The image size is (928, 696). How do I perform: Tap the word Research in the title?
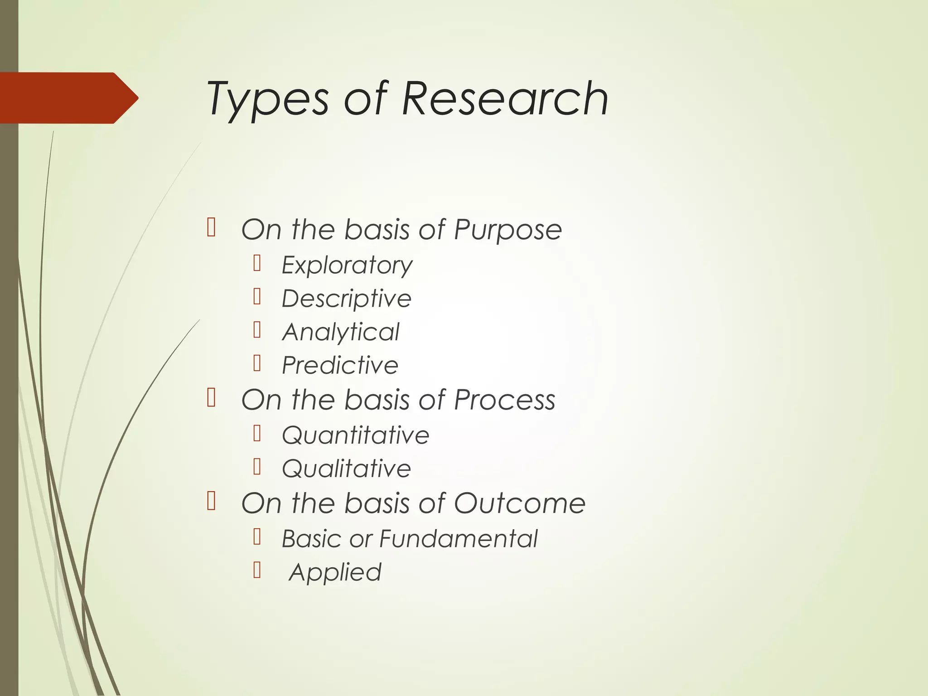click(505, 98)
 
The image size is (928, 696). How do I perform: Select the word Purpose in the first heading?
click(507, 230)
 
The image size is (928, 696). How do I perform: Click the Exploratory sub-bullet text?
click(347, 265)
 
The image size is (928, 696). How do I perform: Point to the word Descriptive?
click(347, 299)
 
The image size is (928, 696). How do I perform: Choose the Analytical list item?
click(341, 332)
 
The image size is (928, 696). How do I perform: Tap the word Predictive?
click(340, 365)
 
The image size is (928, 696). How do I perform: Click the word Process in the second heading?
click(504, 400)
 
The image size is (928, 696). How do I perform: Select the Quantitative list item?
click(356, 435)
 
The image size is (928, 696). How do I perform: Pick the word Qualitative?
click(347, 469)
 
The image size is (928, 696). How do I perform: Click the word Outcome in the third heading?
click(520, 503)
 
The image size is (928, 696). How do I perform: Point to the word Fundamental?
click(458, 539)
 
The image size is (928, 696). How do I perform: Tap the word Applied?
click(335, 572)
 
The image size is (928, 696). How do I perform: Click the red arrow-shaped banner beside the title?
click(68, 98)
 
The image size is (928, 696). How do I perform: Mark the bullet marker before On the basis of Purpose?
click(211, 227)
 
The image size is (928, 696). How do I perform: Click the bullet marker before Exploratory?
click(257, 263)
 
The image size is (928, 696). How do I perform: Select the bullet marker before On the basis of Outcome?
click(211, 501)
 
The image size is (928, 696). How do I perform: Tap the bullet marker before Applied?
click(257, 570)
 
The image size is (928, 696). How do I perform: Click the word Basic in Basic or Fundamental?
click(311, 539)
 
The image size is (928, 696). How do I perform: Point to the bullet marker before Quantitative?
click(257, 433)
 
